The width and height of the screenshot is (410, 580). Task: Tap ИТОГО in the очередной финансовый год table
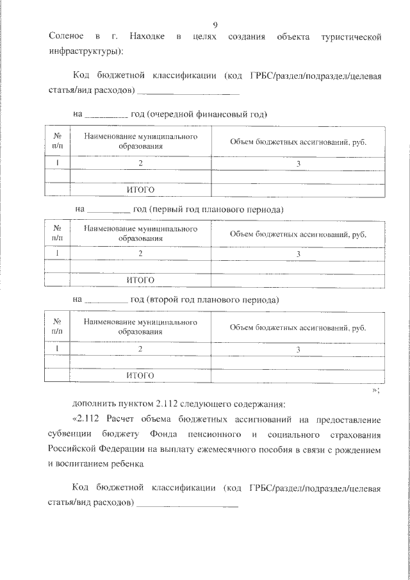click(x=140, y=190)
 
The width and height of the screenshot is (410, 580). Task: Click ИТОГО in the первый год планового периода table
click(x=140, y=281)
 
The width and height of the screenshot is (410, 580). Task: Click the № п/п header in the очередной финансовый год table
click(x=57, y=142)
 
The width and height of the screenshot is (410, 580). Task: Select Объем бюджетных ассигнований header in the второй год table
click(x=297, y=328)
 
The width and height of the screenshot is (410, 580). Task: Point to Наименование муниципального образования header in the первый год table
click(x=140, y=233)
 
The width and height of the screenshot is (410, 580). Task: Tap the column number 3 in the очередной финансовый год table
click(x=298, y=163)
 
